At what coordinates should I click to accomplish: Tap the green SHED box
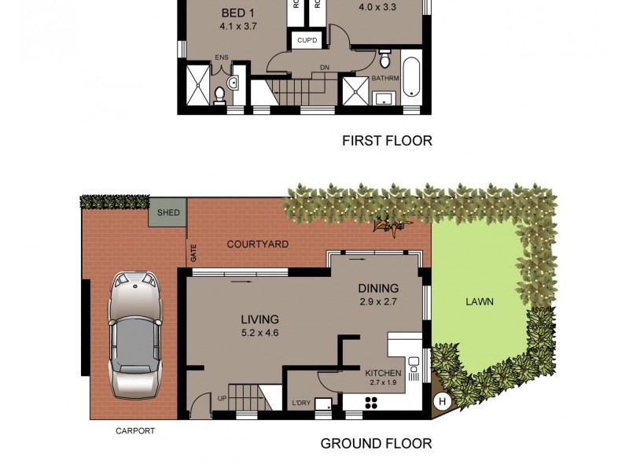pos(168,212)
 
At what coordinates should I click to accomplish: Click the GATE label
pos(193,253)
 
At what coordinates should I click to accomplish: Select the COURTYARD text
pos(257,245)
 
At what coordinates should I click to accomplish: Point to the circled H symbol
pos(442,401)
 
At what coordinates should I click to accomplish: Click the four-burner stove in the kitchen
pos(372,404)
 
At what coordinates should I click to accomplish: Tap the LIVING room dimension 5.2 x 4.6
pos(259,333)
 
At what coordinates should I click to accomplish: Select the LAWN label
pos(479,301)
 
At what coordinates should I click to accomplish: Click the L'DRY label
pos(300,403)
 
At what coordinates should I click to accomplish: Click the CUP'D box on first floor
pos(305,40)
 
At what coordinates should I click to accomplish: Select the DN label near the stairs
pos(324,68)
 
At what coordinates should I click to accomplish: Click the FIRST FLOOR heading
pos(386,142)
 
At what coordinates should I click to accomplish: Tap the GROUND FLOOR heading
pos(376,444)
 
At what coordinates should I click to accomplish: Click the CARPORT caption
pos(134,431)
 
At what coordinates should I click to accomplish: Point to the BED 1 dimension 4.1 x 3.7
pos(239,26)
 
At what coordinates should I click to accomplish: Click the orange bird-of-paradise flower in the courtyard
pos(390,227)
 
